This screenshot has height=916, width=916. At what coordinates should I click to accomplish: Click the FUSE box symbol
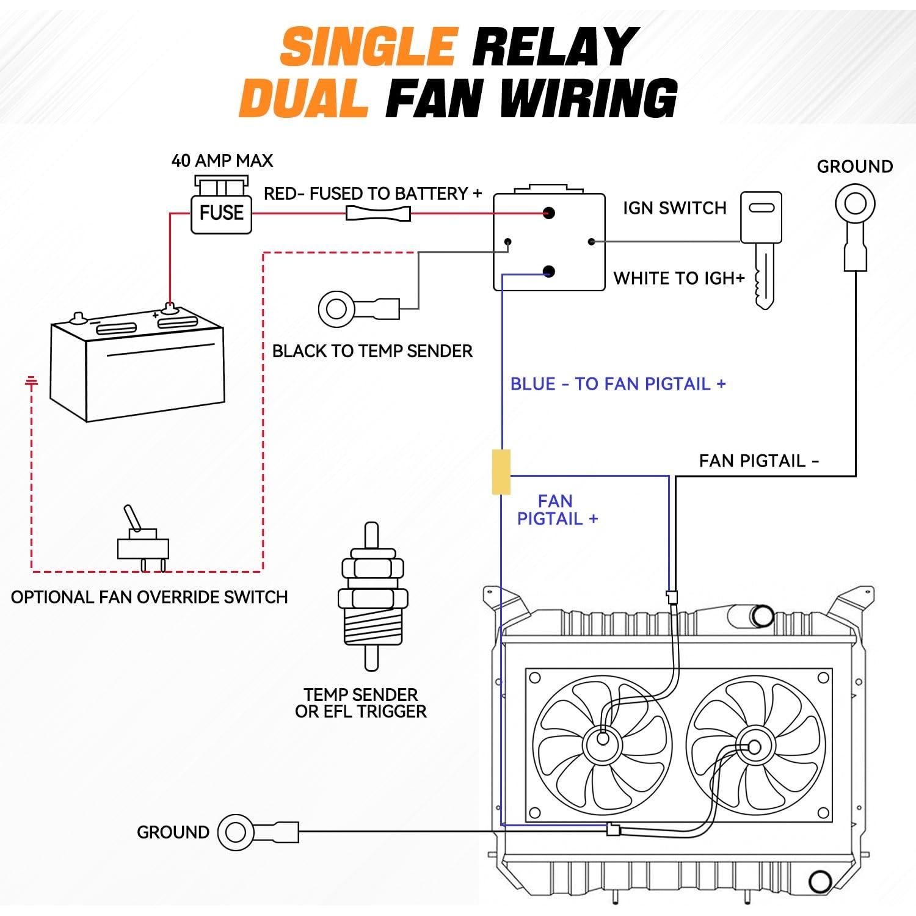tap(221, 213)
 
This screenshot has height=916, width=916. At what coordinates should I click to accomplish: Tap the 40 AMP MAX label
tap(222, 161)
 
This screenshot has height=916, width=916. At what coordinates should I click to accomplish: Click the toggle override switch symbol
tap(142, 540)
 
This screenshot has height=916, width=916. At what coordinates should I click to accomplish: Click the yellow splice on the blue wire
tap(501, 471)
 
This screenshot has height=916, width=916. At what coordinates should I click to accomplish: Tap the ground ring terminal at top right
tap(855, 203)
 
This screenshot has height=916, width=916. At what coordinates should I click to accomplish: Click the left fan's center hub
tap(603, 739)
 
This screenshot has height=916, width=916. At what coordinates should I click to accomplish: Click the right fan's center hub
tap(754, 747)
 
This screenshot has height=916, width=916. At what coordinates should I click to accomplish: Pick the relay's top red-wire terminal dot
tap(548, 213)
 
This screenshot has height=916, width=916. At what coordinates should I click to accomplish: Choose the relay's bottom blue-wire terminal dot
tap(548, 271)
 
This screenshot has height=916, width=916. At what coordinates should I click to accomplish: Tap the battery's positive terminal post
tap(170, 308)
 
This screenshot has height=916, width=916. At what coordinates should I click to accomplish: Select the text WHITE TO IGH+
tap(679, 278)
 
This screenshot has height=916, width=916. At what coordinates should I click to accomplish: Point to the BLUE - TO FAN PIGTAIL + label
tap(618, 384)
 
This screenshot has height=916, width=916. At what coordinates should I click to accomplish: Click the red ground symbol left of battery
tap(31, 382)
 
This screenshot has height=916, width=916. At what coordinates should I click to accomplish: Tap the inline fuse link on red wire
tap(378, 213)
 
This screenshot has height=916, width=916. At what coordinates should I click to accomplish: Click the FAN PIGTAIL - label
tap(758, 460)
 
